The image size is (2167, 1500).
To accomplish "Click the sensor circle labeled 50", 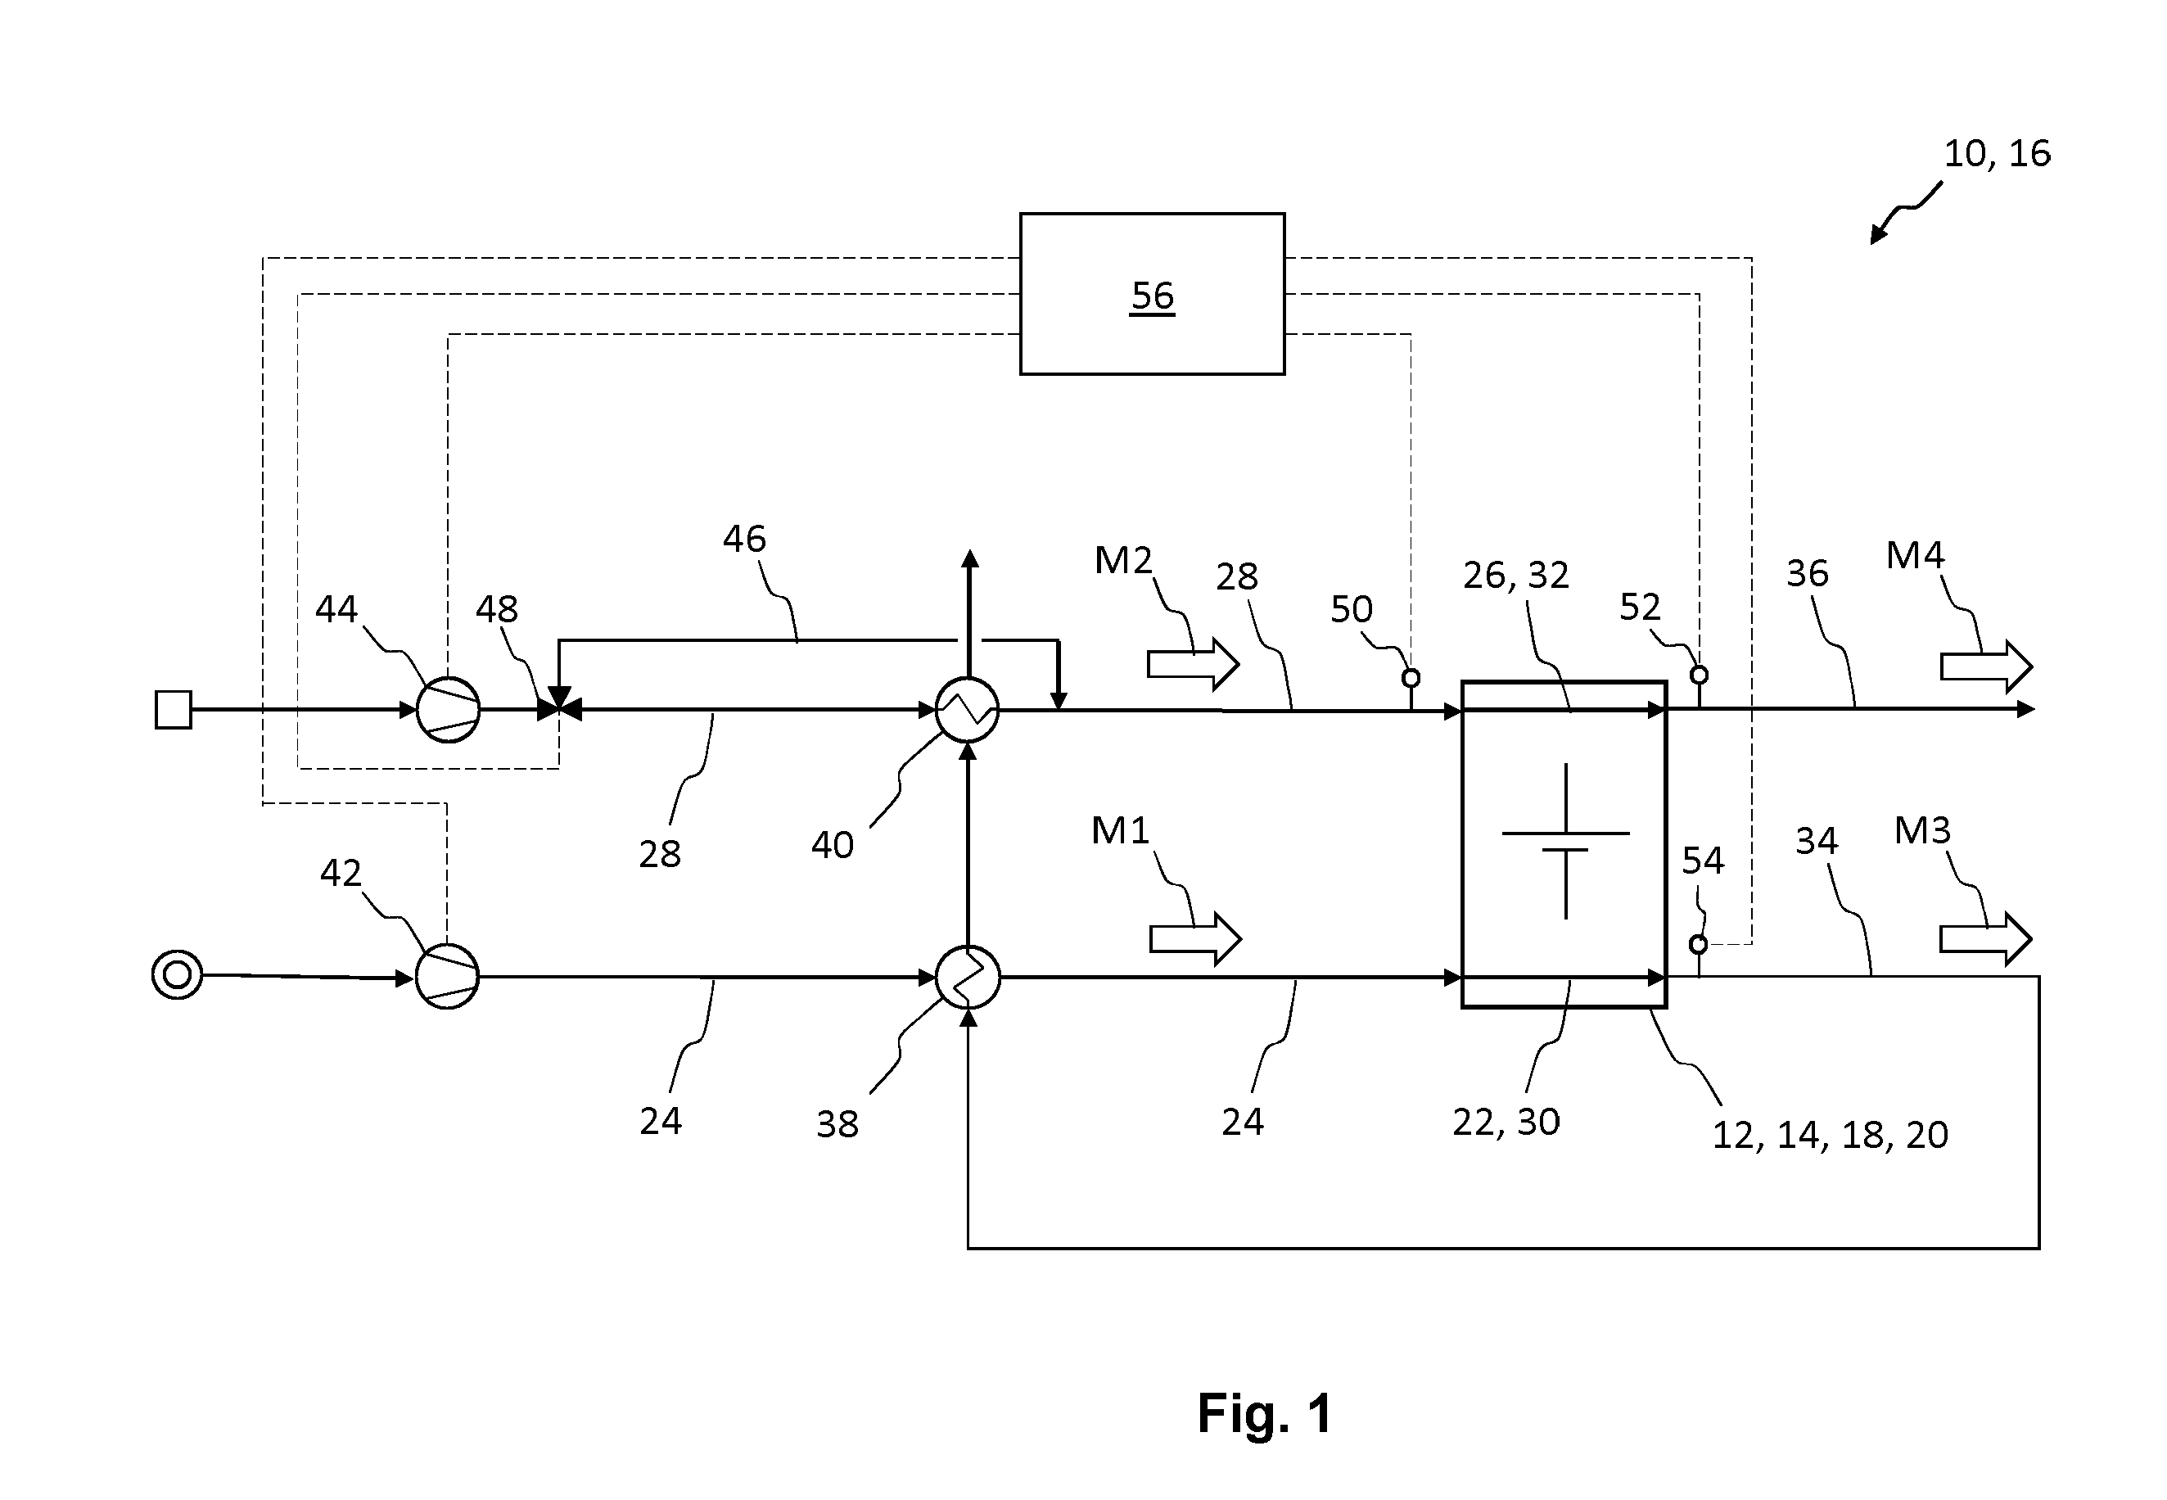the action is [x=1411, y=678].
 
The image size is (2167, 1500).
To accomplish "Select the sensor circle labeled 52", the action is [x=1699, y=675].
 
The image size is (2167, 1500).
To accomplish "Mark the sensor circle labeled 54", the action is [x=1698, y=943].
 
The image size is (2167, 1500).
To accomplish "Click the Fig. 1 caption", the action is [x=1265, y=1412].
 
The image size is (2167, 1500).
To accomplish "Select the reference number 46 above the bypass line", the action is [x=744, y=539].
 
